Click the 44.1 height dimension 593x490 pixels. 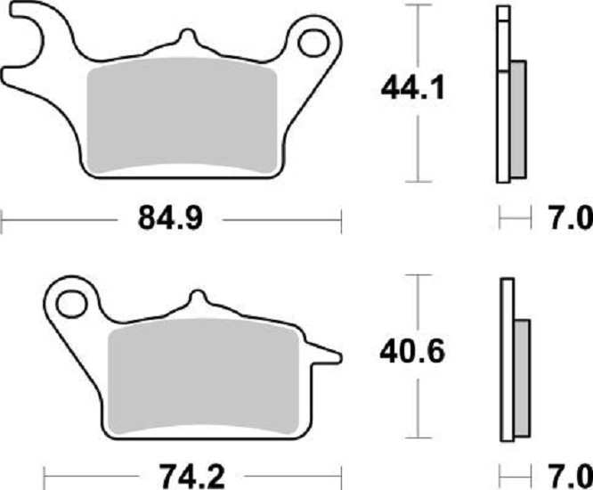(412, 88)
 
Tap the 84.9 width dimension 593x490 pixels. (171, 218)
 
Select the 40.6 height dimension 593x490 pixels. (412, 352)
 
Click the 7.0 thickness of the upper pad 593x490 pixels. (571, 218)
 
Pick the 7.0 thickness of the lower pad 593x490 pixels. (571, 477)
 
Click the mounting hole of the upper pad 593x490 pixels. (313, 43)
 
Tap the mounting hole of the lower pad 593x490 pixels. (70, 304)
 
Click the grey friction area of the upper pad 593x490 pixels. (182, 116)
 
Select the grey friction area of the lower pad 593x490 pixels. (203, 377)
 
